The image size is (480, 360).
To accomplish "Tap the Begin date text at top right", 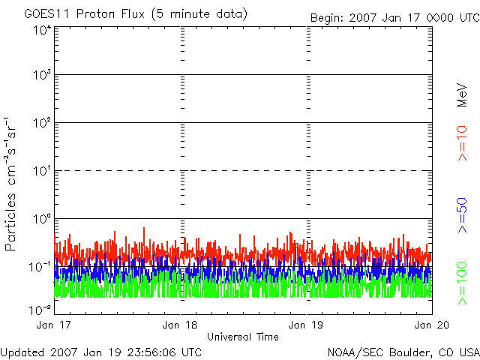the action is (x=395, y=18).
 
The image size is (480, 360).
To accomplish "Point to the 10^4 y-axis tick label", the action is (x=42, y=31).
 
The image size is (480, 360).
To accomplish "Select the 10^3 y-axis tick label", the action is (x=42, y=75).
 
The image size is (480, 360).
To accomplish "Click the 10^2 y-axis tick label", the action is (x=42, y=123).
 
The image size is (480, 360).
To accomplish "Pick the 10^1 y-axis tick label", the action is (x=42, y=171).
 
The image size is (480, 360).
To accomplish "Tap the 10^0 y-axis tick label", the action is (x=42, y=219).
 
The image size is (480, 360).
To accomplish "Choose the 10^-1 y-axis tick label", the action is (x=40, y=267).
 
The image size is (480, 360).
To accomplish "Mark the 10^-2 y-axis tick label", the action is (x=40, y=310).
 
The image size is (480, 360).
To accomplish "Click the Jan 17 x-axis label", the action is (x=53, y=325).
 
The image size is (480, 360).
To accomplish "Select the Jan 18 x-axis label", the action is (x=180, y=325).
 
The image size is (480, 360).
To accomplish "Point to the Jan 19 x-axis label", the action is (x=306, y=325).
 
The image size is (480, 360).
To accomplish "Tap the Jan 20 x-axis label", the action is (x=432, y=325).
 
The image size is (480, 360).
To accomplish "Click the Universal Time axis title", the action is (x=243, y=337).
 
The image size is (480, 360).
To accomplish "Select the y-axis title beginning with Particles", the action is (x=10, y=184).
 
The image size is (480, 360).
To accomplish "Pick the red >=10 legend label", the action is (x=462, y=143).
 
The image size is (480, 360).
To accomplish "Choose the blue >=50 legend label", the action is (x=462, y=215).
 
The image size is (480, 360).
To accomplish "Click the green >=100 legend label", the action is (x=462, y=283).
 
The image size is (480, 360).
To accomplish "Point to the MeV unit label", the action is (x=462, y=95).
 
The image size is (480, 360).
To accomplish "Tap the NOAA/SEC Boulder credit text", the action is (x=403, y=352).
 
